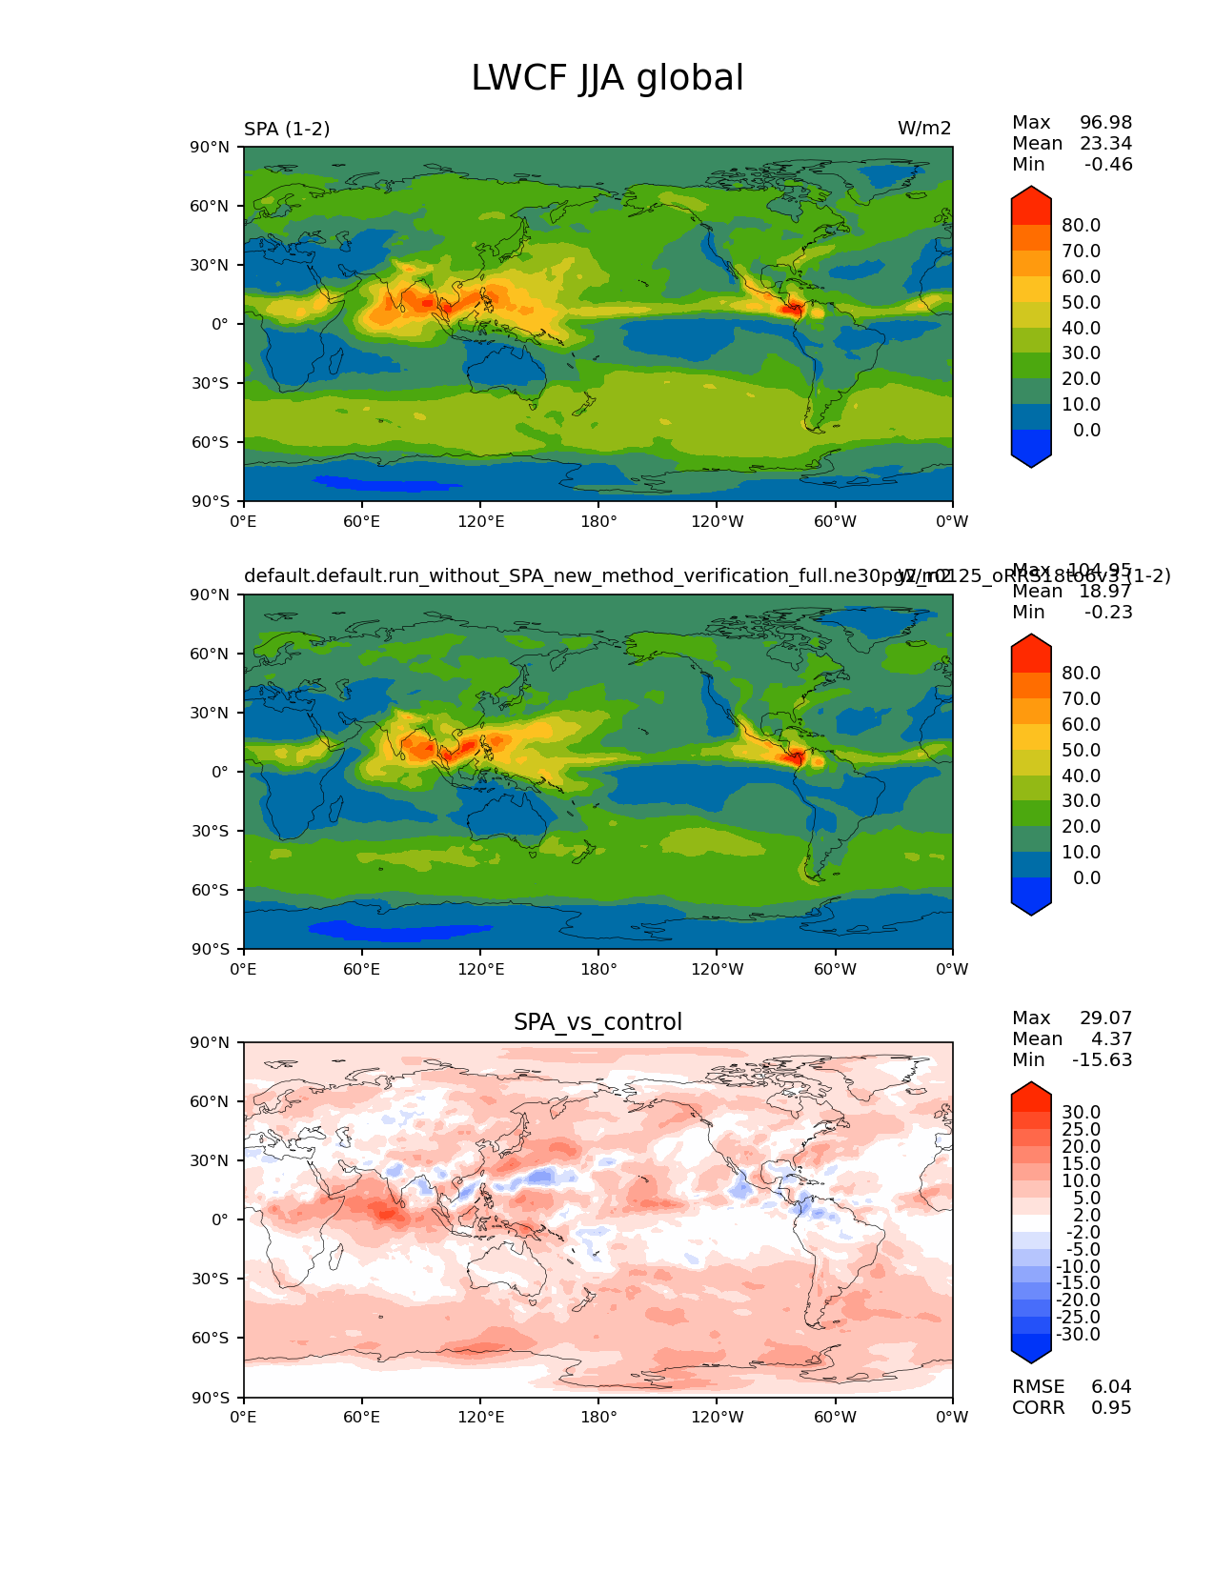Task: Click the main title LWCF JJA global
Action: [607, 78]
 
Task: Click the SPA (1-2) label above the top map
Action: [287, 129]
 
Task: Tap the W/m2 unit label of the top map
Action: [923, 129]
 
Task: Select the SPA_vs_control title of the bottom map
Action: [597, 1022]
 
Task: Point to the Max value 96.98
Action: [1105, 122]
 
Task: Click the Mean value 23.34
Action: [1105, 143]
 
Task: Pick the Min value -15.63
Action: [1102, 1059]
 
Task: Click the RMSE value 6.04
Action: [1111, 1386]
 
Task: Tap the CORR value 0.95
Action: [1111, 1407]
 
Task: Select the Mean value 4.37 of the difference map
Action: [1111, 1038]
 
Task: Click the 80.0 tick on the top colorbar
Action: [1081, 225]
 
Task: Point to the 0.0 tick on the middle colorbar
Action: [1086, 877]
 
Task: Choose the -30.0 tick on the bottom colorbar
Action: [1078, 1334]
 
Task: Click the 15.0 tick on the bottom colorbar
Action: [1081, 1163]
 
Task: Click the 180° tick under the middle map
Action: [598, 969]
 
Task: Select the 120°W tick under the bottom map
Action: [717, 1417]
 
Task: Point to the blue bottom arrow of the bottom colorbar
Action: [1031, 1350]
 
